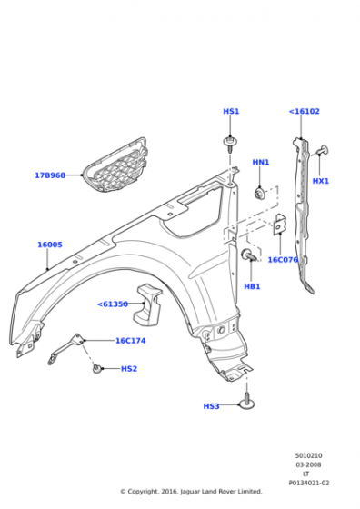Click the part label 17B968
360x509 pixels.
50,175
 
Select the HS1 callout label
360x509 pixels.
231,111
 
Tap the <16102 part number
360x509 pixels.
305,111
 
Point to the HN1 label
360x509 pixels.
261,162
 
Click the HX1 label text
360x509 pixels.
320,181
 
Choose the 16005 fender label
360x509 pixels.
50,245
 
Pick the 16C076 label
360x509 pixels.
283,260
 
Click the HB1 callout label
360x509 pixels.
252,286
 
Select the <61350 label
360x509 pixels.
113,304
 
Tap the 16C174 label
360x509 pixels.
131,341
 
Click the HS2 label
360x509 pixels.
129,369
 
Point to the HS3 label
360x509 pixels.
211,406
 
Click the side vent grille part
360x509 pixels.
115,165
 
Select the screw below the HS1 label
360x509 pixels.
230,145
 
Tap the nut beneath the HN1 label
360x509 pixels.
260,193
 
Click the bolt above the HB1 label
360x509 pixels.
249,254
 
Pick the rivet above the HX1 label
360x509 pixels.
323,150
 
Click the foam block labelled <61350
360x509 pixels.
147,305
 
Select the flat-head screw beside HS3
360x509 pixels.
247,401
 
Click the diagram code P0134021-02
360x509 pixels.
309,483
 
